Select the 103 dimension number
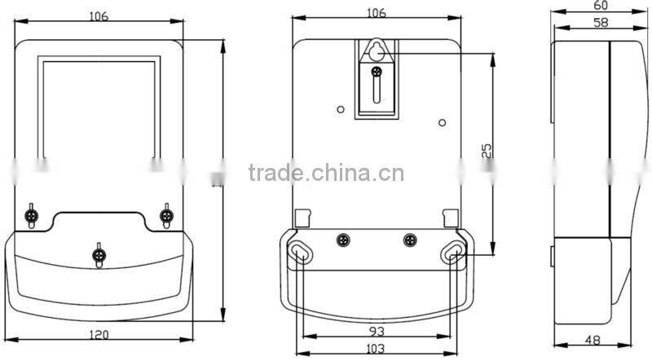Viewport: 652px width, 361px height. point(375,348)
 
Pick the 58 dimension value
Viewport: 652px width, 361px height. point(580,23)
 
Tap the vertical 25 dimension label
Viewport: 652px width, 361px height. point(486,150)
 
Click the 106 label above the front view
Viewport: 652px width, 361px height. point(99,15)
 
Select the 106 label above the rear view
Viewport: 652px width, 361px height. point(376,13)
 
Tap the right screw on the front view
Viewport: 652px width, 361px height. point(166,215)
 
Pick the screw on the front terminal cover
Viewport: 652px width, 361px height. point(99,254)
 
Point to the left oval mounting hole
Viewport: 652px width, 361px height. point(300,253)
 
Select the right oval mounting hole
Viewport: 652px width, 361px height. point(453,253)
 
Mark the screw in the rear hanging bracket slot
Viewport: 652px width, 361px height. point(376,73)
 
